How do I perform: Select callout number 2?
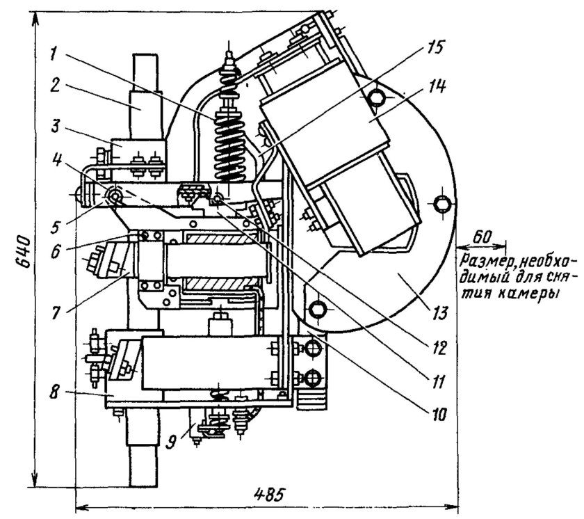point(55,86)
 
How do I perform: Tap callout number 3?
point(54,127)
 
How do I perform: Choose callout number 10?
point(439,413)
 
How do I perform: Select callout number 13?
point(439,313)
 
